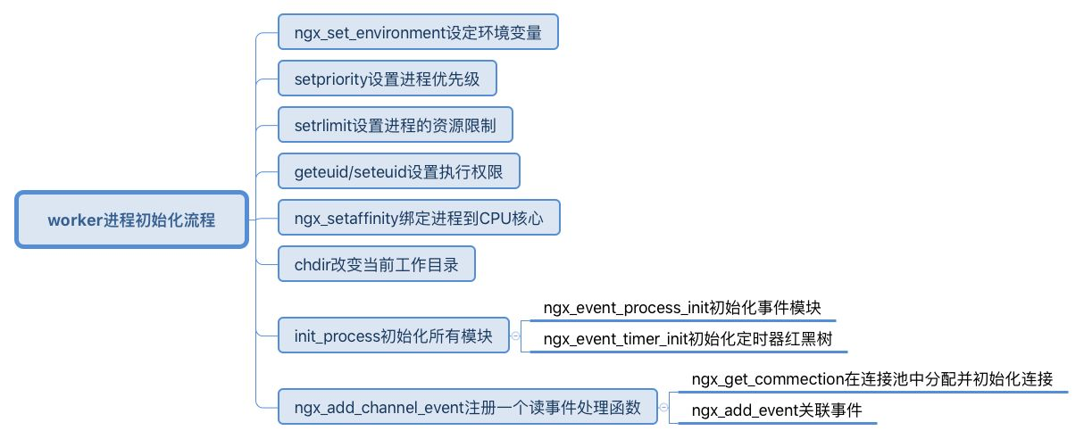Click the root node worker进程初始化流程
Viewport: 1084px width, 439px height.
[x=131, y=219]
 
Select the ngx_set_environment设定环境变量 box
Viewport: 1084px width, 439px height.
[x=419, y=33]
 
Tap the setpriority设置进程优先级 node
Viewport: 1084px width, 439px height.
[x=387, y=79]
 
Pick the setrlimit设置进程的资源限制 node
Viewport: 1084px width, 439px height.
[x=395, y=125]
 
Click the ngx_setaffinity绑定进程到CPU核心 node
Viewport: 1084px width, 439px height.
[x=419, y=218]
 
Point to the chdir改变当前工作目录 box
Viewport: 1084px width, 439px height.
[x=376, y=265]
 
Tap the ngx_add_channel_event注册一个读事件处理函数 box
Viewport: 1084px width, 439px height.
[x=467, y=409]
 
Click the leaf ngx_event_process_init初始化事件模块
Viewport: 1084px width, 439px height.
[x=681, y=309]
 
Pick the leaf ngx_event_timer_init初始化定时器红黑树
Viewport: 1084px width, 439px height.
[x=688, y=340]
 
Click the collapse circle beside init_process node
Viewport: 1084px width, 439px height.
[x=514, y=335]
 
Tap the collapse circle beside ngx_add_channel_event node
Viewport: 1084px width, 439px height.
[x=663, y=409]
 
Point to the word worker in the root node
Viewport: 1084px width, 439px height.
[x=71, y=219]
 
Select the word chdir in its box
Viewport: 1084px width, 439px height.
[x=313, y=265]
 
